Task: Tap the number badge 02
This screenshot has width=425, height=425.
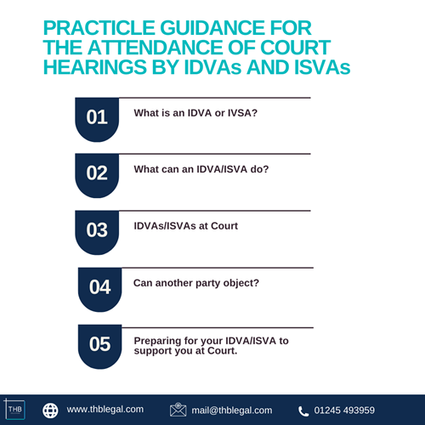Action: [x=97, y=173]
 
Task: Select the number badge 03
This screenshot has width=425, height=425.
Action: [x=97, y=229]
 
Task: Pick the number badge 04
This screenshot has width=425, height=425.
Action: [x=99, y=287]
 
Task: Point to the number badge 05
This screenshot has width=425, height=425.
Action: [x=99, y=344]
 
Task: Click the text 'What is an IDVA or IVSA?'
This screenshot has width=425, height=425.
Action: [x=195, y=111]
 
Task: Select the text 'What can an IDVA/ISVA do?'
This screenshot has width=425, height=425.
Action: [x=201, y=169]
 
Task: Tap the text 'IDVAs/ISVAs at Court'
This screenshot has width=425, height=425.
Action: [x=186, y=226]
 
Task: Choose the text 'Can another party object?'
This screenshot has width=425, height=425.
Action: [x=197, y=281]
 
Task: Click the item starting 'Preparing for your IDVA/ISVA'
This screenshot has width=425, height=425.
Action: [x=211, y=345]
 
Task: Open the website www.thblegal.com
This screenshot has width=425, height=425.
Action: [x=105, y=410]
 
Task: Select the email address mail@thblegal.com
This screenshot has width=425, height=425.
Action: [x=231, y=410]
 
